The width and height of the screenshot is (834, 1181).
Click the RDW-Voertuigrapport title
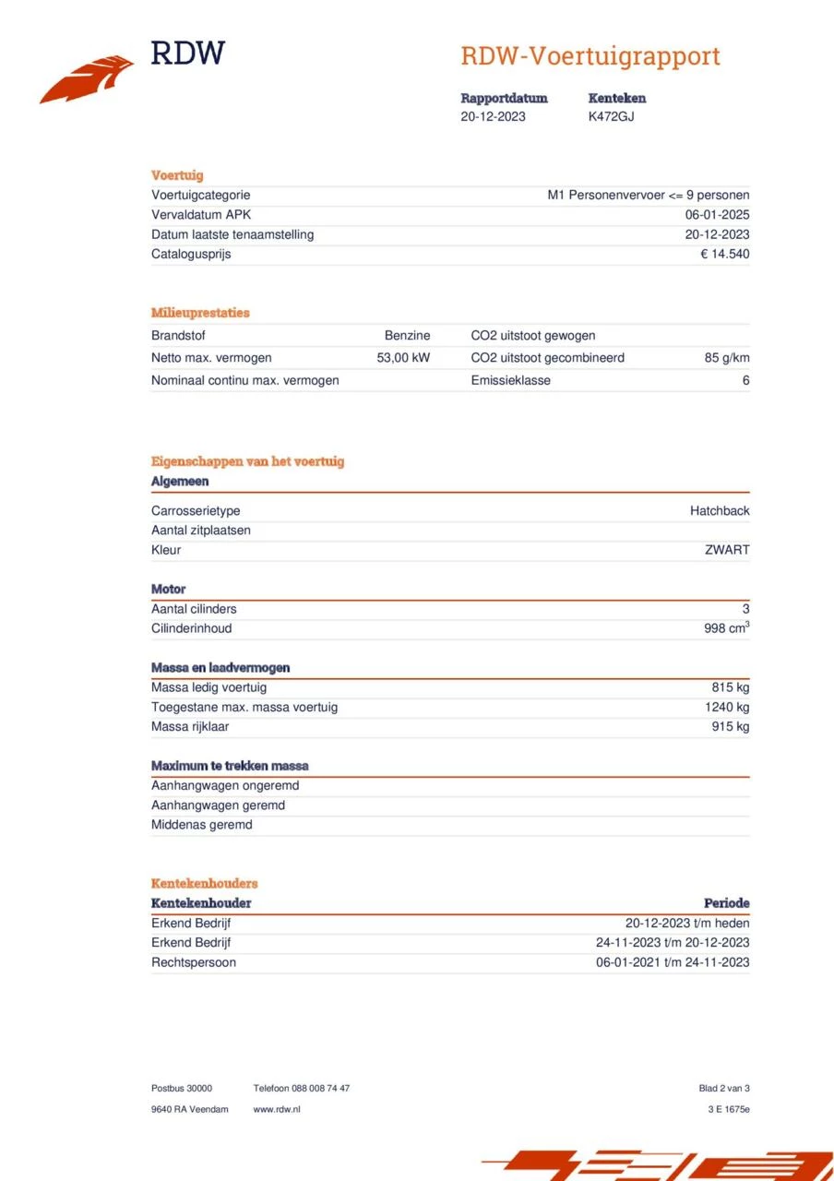coord(590,56)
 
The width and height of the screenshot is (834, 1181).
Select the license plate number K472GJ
coord(611,116)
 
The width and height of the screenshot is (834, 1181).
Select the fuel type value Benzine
coord(407,336)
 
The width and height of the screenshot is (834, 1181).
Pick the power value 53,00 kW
coord(403,358)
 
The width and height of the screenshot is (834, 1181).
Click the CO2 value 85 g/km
coord(727,358)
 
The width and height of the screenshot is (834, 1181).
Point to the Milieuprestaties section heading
coord(200,313)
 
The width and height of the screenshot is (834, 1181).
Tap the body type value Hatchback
coord(720,511)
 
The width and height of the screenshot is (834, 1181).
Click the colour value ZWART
coord(727,550)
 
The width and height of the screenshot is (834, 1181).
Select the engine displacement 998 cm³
coord(726,628)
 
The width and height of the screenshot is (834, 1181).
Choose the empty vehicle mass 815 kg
coord(730,687)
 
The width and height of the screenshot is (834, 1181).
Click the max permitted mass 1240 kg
coord(726,707)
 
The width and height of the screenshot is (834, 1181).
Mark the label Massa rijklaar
coord(190,727)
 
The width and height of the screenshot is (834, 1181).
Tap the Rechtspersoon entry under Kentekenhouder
coord(194,962)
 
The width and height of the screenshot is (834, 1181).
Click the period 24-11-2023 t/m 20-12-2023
coord(673,943)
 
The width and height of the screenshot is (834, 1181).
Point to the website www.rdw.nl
coord(277,1109)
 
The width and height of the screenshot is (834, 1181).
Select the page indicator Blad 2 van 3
coord(724,1089)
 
